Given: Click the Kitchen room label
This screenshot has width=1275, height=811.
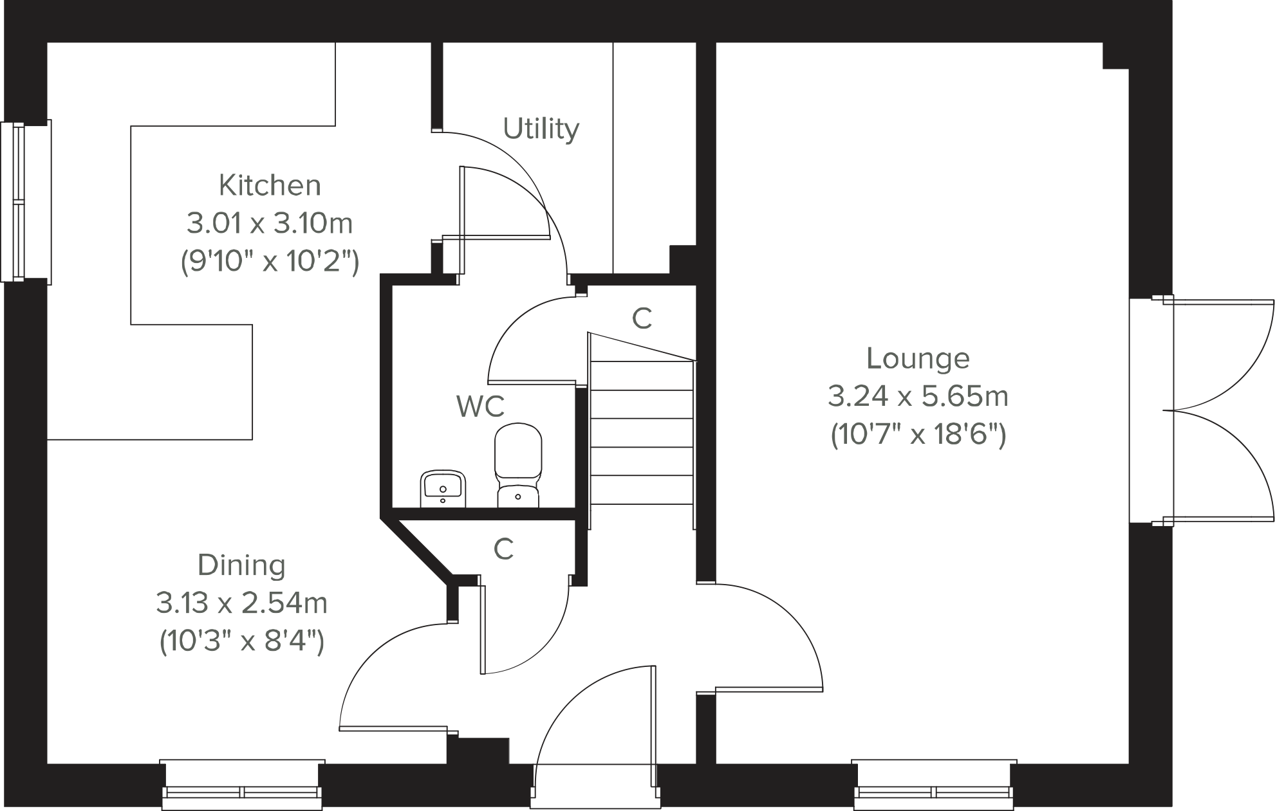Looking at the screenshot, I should point(270,185).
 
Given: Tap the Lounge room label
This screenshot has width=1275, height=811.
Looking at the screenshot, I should point(918,358).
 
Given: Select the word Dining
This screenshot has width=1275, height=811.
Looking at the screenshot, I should point(241,565).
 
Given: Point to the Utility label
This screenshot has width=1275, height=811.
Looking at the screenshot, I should point(541,129).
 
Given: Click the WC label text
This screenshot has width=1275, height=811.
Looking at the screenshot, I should point(480,406).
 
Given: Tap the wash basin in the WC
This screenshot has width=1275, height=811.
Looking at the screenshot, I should point(443,489).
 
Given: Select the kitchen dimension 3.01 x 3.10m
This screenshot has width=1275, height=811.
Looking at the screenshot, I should point(270,224).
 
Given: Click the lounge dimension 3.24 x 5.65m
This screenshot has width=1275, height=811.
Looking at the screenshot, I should point(918,396).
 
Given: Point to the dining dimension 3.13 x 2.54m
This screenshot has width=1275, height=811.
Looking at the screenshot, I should point(241,603).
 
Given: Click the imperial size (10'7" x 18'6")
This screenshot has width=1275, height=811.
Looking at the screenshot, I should point(918,435).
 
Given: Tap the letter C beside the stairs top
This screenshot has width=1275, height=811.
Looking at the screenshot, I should point(642,318).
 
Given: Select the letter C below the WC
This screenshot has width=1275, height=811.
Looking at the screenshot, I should point(503,549).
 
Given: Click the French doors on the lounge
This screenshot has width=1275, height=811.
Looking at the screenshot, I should point(1210,410).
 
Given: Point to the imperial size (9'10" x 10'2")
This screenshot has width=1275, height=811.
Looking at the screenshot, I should point(270,262).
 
